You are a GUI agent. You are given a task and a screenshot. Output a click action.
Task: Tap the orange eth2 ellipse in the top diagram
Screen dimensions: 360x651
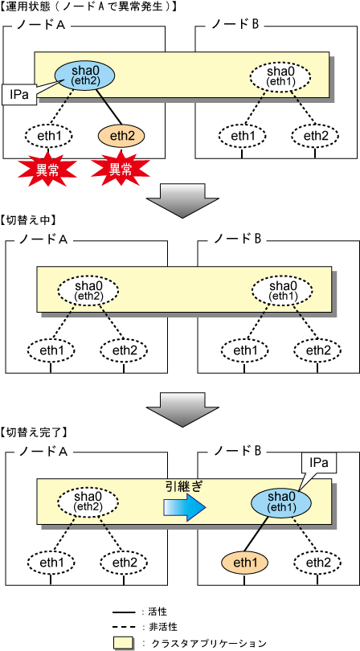coord(121,135)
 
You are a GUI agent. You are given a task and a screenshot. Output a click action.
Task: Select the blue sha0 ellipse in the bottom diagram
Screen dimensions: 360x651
coord(280,504)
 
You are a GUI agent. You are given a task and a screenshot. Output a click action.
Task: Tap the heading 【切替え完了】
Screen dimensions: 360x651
coord(34,432)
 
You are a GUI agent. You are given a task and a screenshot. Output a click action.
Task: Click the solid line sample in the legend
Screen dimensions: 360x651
coord(123,612)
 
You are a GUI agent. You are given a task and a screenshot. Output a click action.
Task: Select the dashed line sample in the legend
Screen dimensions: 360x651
coord(123,625)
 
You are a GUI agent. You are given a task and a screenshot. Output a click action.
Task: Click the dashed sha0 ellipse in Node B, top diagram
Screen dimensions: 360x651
coord(280,76)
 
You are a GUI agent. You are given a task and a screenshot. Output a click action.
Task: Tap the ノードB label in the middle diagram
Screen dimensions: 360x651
coord(237,239)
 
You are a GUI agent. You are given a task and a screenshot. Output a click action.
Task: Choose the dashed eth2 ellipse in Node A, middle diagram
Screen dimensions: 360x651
coord(123,350)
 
